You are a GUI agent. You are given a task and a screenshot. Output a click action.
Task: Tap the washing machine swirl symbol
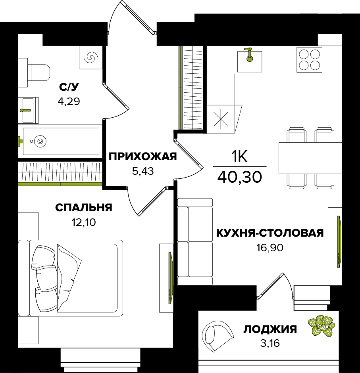pos(91,57)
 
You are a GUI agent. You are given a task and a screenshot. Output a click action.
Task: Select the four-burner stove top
pos(309,59)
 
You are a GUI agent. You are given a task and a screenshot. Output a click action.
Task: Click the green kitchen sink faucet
pos(249,55)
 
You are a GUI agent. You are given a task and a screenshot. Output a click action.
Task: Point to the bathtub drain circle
pos(40,141)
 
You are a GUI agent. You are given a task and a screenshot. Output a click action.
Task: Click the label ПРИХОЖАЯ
pos(143,157)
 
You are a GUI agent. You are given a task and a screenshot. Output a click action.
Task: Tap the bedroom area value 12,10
pos(84,222)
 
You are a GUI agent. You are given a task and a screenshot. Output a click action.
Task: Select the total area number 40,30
pos(240,177)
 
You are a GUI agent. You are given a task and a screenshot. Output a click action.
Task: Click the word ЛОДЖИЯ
pos(270,329)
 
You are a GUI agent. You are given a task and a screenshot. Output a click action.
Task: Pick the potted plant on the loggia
pos(321,325)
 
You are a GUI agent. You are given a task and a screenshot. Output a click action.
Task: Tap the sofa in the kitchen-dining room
pos(195,241)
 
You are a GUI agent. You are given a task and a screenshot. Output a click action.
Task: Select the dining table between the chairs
pos(310,158)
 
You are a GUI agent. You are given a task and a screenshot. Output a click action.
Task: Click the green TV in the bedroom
pos(170,278)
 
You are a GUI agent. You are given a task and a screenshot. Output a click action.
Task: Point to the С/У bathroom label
pos(69,87)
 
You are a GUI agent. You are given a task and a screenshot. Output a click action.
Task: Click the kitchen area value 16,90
pos(270,248)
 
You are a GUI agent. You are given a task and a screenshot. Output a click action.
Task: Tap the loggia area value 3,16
pos(270,343)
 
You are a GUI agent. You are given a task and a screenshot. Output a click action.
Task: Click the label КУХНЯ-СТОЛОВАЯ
pos(270,233)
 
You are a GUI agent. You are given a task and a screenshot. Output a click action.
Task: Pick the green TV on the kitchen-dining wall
pos(339,241)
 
